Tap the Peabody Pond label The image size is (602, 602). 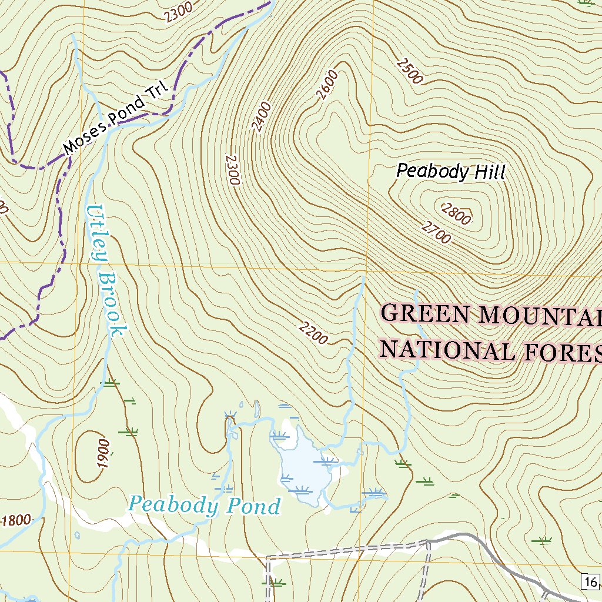click(205, 505)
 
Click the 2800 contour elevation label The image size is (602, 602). click(456, 213)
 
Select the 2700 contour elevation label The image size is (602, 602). click(436, 232)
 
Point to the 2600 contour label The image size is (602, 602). click(327, 85)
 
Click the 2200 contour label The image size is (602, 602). click(312, 333)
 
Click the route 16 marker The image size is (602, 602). click(590, 581)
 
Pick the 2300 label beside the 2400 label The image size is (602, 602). click(233, 170)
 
